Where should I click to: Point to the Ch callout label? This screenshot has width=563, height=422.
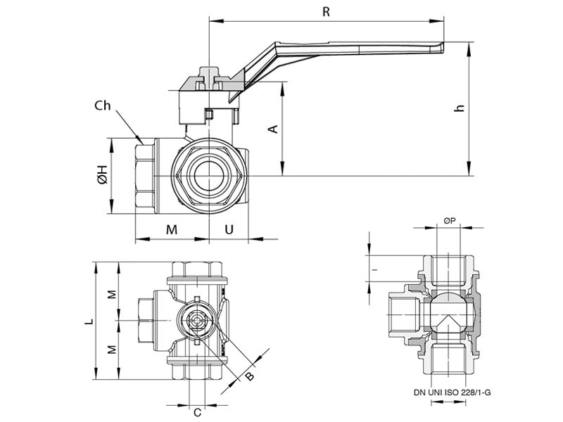[x=103, y=105]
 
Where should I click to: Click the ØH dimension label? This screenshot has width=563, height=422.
[x=102, y=176]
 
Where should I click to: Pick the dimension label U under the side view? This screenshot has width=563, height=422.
[x=229, y=229]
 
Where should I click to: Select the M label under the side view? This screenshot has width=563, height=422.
[x=171, y=229]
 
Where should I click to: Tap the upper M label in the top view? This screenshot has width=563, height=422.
[x=110, y=293]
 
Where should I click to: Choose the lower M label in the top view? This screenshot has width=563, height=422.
[x=110, y=350]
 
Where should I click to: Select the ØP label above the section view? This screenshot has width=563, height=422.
[x=450, y=221]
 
